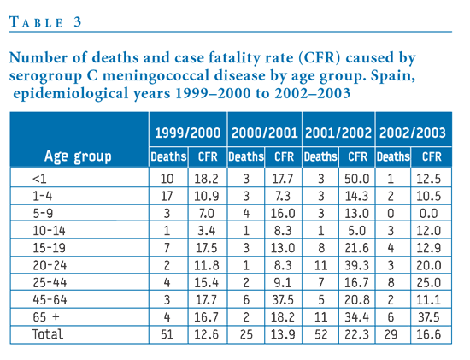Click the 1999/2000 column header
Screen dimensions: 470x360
(x=188, y=133)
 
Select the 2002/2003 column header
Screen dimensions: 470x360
(x=413, y=133)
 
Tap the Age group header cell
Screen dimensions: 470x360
(x=78, y=156)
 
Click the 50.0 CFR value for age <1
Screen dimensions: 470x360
(x=356, y=179)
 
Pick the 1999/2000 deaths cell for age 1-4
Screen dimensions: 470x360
(x=167, y=196)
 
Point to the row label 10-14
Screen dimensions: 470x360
(x=49, y=231)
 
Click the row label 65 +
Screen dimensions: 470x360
(x=46, y=317)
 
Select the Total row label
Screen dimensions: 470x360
(x=48, y=334)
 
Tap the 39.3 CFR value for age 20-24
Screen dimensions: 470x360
(x=356, y=265)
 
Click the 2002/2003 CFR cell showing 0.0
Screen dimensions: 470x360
(x=429, y=214)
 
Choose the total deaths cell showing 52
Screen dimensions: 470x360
(x=320, y=334)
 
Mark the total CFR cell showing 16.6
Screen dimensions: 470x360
(x=429, y=334)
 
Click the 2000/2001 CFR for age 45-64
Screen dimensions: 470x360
(x=283, y=300)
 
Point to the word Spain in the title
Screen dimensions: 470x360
(x=393, y=75)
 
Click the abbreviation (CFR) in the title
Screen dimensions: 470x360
(x=320, y=58)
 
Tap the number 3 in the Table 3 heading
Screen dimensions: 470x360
(x=78, y=22)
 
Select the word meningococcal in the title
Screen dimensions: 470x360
(x=156, y=76)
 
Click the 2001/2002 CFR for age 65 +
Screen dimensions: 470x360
(x=356, y=317)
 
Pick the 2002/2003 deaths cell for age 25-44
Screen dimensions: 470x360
(x=391, y=282)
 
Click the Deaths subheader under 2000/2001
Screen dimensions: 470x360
(x=246, y=156)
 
